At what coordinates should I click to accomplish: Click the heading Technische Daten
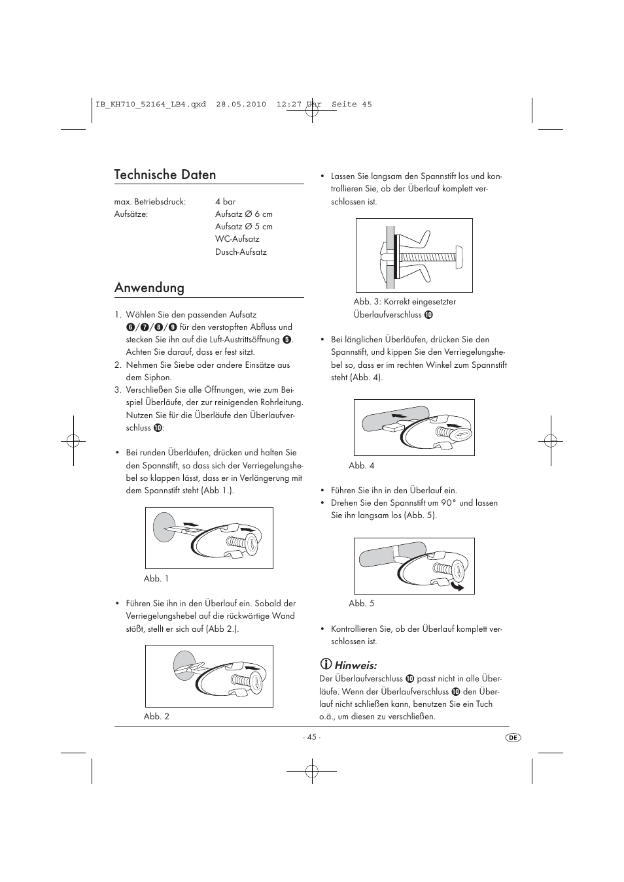(x=165, y=174)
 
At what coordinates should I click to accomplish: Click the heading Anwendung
(x=149, y=288)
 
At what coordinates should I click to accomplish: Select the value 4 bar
(x=225, y=202)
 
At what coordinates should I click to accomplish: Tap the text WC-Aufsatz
(x=237, y=239)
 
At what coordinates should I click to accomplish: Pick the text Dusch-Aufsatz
(x=241, y=252)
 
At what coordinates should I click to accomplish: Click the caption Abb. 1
(x=156, y=578)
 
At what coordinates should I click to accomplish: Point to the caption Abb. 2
(x=156, y=716)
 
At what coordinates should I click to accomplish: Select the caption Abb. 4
(x=361, y=466)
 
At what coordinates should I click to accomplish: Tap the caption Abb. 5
(x=361, y=604)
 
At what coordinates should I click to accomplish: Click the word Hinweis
(x=356, y=666)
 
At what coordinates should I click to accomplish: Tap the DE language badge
(x=513, y=737)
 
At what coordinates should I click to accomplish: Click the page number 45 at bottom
(x=311, y=737)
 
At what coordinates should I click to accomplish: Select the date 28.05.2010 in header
(x=241, y=105)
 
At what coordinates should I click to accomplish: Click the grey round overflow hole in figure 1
(x=162, y=526)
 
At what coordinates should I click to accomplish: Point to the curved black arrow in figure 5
(x=456, y=585)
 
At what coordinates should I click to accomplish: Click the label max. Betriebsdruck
(x=150, y=202)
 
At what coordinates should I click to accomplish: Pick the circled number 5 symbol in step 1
(x=286, y=340)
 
